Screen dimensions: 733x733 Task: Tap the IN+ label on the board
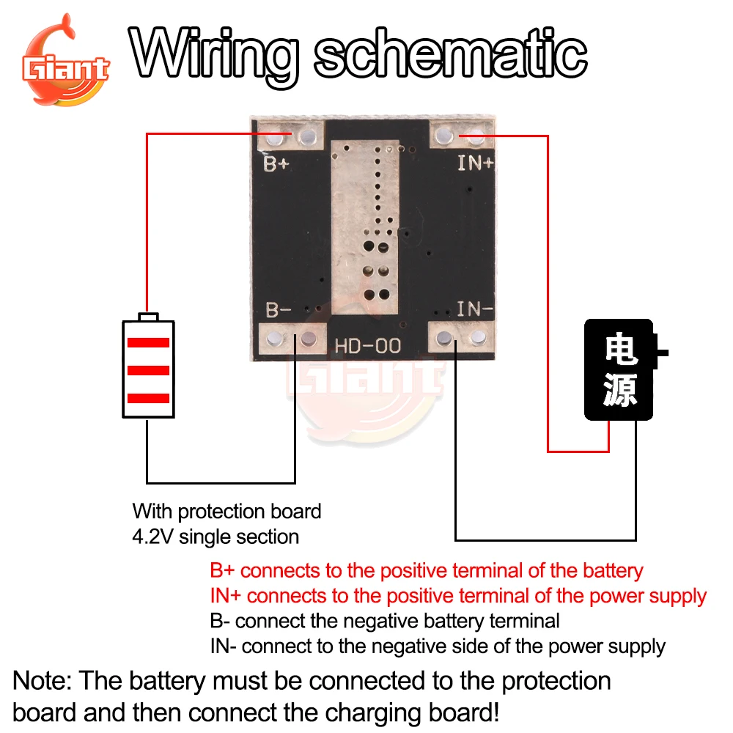tap(476, 163)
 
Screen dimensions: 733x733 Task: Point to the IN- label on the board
tap(475, 309)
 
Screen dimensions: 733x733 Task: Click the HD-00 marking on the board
tap(368, 345)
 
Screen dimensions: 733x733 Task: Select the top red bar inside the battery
tap(149, 342)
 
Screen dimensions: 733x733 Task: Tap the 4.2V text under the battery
tap(150, 537)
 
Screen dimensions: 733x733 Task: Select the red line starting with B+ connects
tap(426, 570)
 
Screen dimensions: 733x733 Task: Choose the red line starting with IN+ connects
tap(458, 596)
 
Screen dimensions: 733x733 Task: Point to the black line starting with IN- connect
tap(438, 647)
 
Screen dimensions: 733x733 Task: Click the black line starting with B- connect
tap(384, 622)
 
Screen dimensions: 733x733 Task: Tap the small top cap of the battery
tap(149, 317)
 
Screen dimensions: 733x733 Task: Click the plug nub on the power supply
tap(663, 353)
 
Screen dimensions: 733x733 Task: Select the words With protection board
tap(226, 511)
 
